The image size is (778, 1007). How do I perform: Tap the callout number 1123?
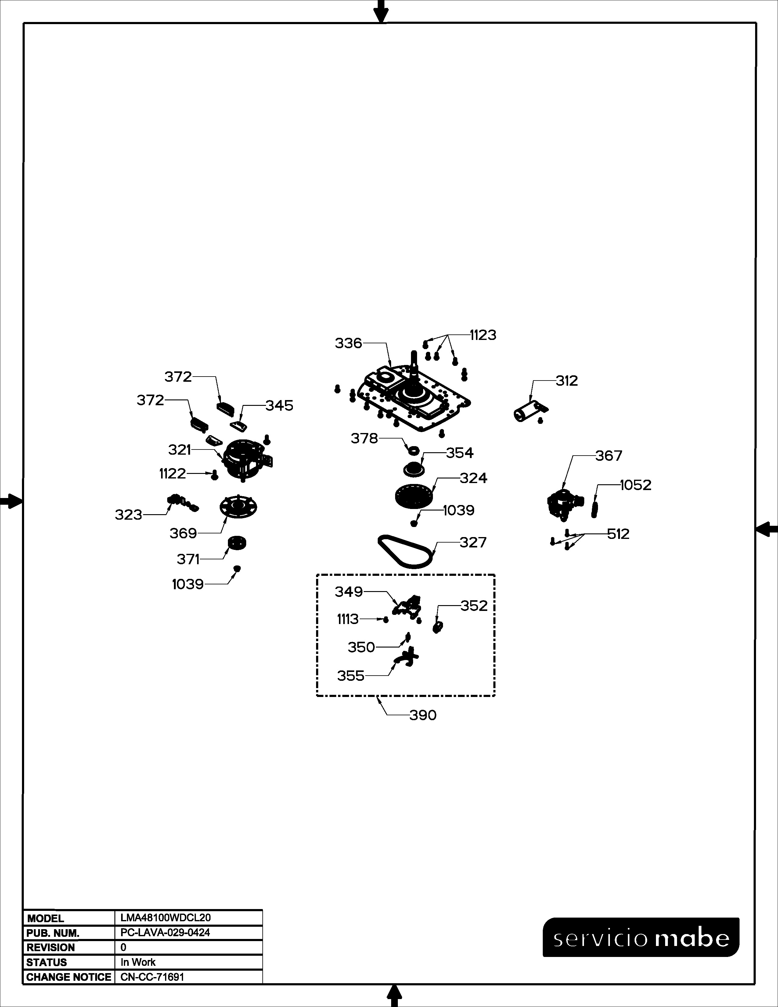tap(483, 335)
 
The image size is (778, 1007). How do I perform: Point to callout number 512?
tap(618, 534)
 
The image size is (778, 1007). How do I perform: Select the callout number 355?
tap(351, 676)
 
